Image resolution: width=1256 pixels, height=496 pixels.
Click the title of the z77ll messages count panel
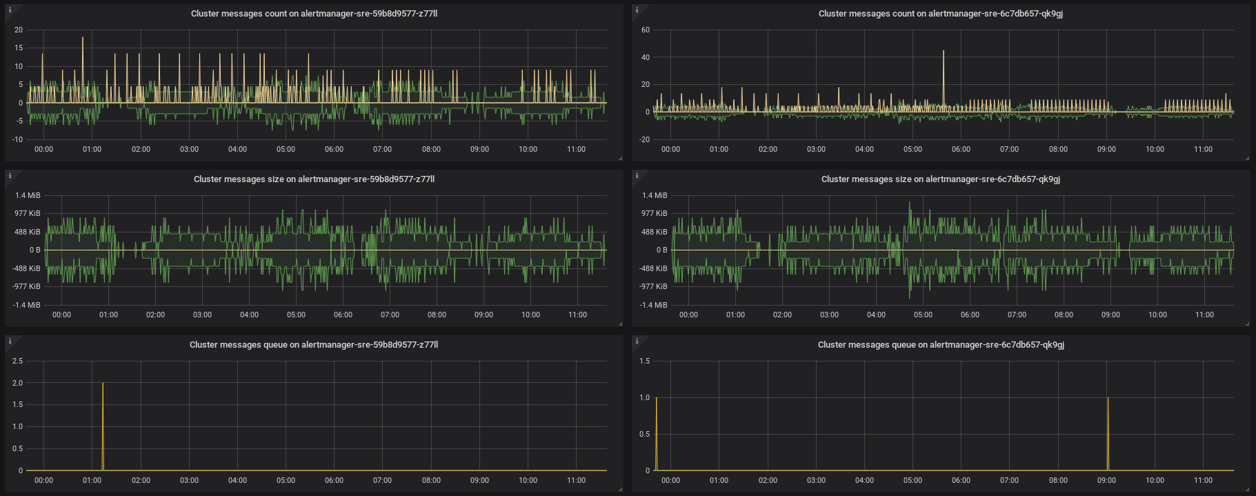coord(314,14)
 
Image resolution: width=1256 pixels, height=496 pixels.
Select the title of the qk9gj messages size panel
coord(940,179)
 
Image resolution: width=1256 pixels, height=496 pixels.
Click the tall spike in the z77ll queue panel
coord(103,414)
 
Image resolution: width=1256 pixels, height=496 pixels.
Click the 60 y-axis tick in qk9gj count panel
coord(645,30)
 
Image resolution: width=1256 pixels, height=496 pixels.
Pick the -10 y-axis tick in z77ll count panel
coord(19,139)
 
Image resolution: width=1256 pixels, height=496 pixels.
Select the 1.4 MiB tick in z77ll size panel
coord(28,196)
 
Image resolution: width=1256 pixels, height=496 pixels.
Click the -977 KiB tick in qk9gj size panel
coord(653,286)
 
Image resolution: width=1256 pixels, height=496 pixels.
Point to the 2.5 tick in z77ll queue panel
coord(17,361)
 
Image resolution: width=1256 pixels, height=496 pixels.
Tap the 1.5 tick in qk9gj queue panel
coord(644,361)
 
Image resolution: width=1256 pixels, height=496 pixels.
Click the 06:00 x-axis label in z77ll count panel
coord(334,150)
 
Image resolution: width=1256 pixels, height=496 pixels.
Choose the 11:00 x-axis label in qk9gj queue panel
coord(1203,481)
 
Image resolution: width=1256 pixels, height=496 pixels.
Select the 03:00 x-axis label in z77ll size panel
coord(202,315)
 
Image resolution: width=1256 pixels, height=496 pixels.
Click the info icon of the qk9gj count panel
coord(637,10)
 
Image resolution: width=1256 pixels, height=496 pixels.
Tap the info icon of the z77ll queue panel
coord(10,341)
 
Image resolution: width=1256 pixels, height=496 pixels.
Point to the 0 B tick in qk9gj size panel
coord(661,250)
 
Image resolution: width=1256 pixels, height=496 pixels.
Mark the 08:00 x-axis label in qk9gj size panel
coord(1064,315)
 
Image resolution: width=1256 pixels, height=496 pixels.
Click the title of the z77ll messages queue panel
coord(314,345)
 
